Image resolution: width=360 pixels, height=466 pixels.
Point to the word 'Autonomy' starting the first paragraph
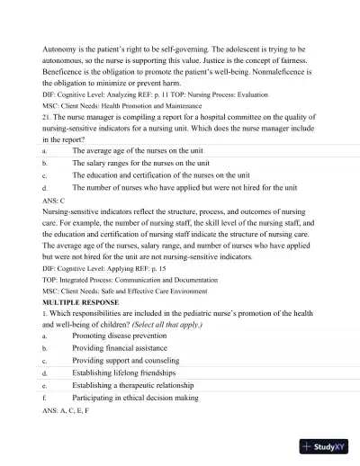[59, 48]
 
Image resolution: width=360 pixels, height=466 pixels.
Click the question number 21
[47, 104]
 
